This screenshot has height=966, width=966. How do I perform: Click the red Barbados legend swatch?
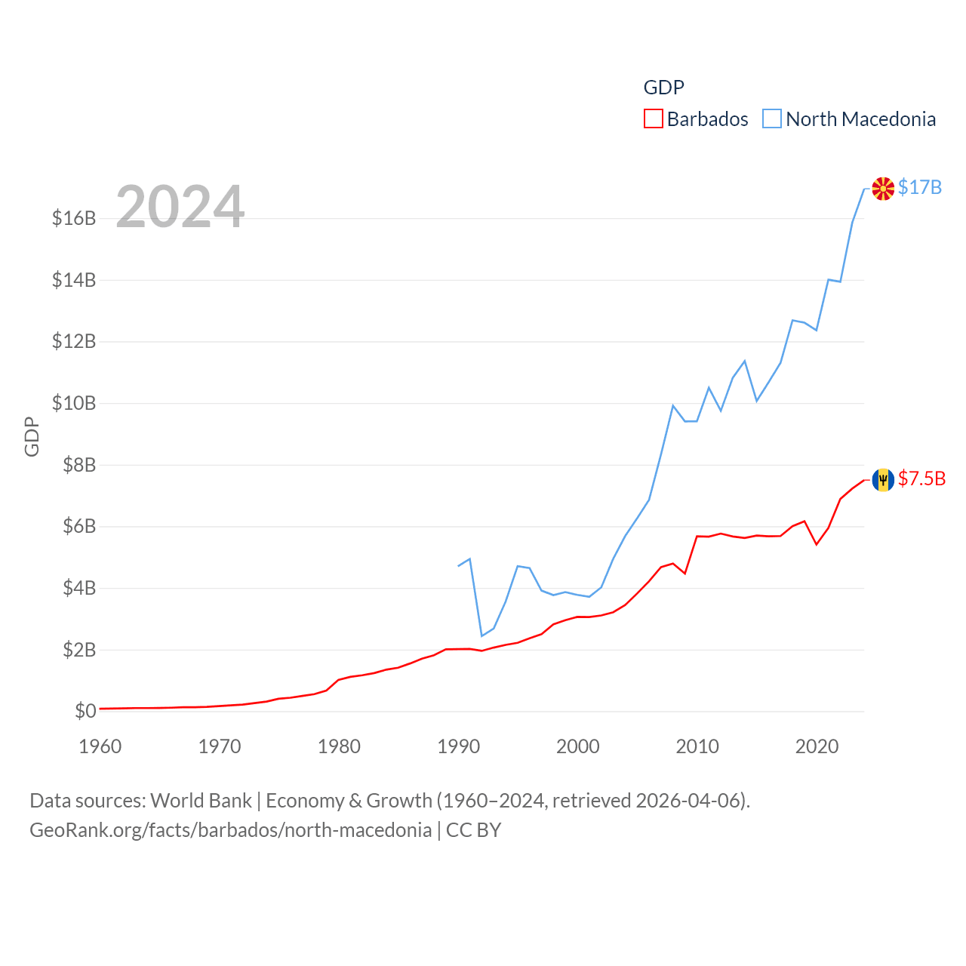click(653, 119)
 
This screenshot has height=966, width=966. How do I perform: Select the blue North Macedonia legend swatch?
click(771, 119)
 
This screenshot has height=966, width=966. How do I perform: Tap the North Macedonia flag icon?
click(883, 188)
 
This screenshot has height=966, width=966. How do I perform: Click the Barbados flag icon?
click(883, 479)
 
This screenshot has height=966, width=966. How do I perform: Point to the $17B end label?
click(920, 187)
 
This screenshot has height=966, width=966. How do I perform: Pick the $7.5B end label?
click(921, 478)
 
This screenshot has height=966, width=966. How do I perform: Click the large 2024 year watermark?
click(180, 207)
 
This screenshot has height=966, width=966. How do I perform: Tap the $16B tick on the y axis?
click(74, 218)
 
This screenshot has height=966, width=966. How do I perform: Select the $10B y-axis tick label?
click(74, 403)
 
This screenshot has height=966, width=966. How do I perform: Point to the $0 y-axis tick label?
click(85, 711)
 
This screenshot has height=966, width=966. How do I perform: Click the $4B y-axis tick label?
click(79, 588)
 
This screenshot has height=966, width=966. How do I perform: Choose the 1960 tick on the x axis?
click(100, 746)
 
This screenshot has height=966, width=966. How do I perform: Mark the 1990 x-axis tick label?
click(459, 746)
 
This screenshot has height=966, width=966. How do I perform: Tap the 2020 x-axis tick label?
click(817, 746)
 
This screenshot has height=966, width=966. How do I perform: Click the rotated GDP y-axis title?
click(32, 436)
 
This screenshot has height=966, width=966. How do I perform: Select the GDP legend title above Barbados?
click(664, 88)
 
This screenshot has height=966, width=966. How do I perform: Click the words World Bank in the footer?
click(202, 801)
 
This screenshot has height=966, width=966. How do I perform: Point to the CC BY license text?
click(474, 830)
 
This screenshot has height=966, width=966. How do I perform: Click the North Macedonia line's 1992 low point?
click(482, 635)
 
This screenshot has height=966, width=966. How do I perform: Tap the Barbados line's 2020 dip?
click(817, 544)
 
